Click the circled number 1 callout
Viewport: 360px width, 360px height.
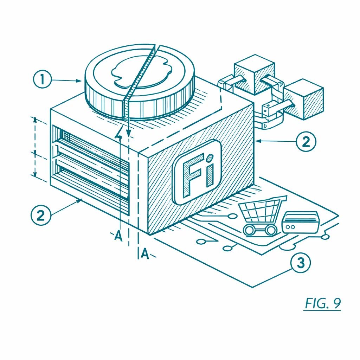pos(42,79)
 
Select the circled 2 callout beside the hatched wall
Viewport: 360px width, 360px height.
pos(306,141)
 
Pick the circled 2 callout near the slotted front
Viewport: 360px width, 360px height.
pos(41,216)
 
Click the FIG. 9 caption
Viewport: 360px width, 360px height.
pos(322,303)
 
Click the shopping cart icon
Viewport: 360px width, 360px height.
pos(262,216)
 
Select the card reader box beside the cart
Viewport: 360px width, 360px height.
pos(300,222)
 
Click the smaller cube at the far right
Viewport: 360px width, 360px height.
pos(304,99)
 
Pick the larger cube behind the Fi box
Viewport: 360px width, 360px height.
pos(255,75)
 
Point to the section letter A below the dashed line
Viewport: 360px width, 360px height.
pos(145,253)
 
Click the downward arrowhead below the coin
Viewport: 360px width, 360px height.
pos(129,133)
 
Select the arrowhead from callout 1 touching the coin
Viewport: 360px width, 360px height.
pos(78,81)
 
